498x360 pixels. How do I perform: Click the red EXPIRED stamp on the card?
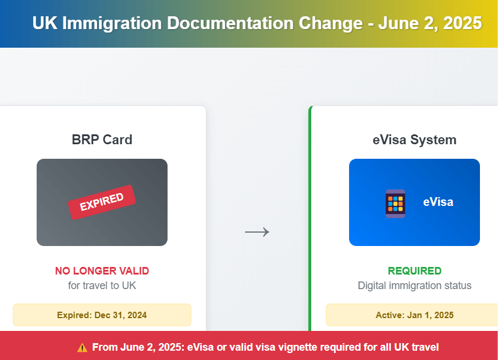[102, 202]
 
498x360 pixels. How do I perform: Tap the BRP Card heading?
[102, 140]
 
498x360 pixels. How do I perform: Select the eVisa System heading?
[414, 140]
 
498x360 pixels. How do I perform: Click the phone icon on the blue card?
[396, 204]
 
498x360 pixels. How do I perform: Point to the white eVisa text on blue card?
[438, 202]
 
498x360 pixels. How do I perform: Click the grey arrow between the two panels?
[257, 232]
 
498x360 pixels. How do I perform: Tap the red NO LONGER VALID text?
[102, 271]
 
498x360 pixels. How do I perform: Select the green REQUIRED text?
[414, 271]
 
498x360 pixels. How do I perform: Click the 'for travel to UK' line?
[102, 286]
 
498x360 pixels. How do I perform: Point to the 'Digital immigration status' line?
[414, 286]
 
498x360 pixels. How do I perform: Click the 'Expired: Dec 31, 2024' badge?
[102, 315]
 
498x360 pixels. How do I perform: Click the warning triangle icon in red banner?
[82, 348]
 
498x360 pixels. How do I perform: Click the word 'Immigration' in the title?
[112, 23]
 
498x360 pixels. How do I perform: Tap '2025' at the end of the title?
[463, 23]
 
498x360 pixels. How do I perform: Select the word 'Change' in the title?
[330, 23]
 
